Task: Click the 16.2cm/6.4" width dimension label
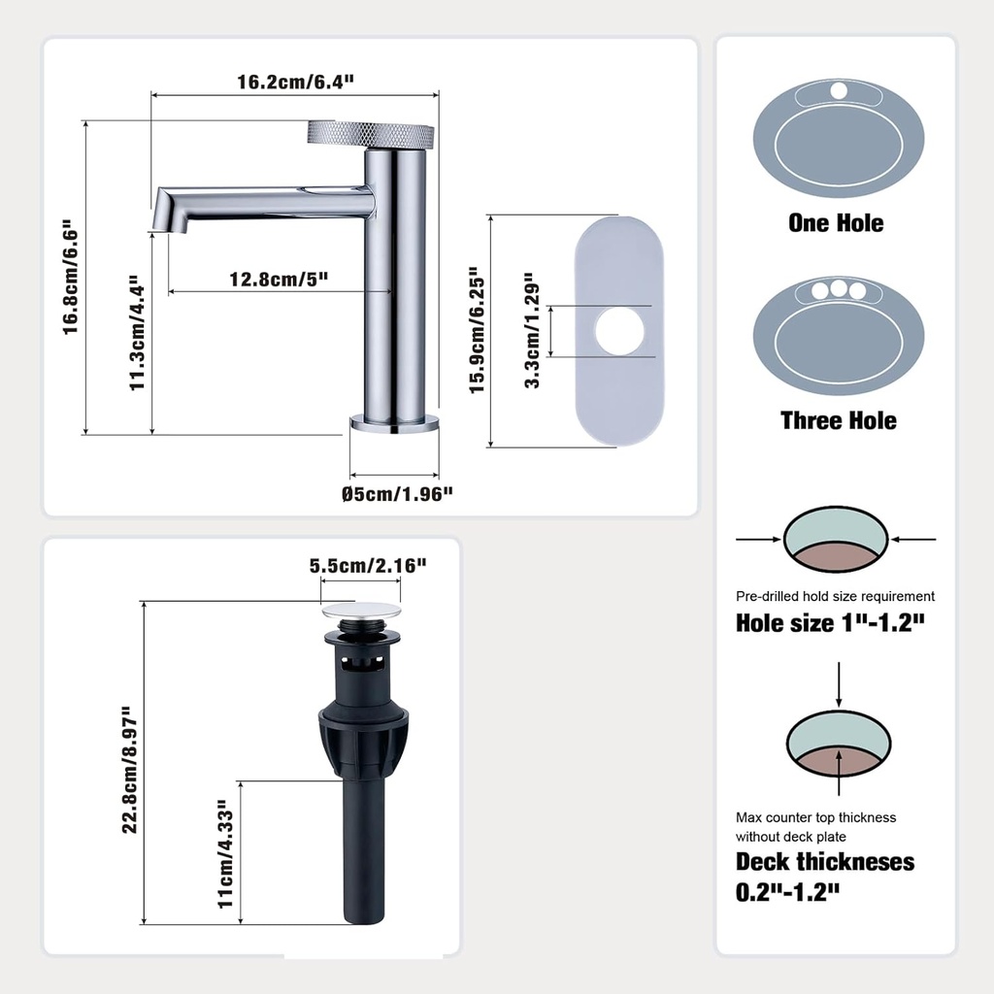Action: [x=295, y=82]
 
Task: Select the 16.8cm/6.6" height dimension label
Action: [x=70, y=277]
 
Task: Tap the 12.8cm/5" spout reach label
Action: [x=279, y=280]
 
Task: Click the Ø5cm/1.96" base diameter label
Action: [x=398, y=494]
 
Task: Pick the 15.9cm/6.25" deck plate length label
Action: [x=477, y=330]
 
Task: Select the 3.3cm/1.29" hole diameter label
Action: [x=532, y=330]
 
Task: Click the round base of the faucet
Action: [x=394, y=422]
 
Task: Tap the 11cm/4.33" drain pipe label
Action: [x=226, y=854]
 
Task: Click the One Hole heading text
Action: [x=836, y=223]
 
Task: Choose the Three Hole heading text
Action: [x=839, y=420]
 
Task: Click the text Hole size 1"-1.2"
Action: [x=829, y=623]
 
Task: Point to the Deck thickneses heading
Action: [x=825, y=862]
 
